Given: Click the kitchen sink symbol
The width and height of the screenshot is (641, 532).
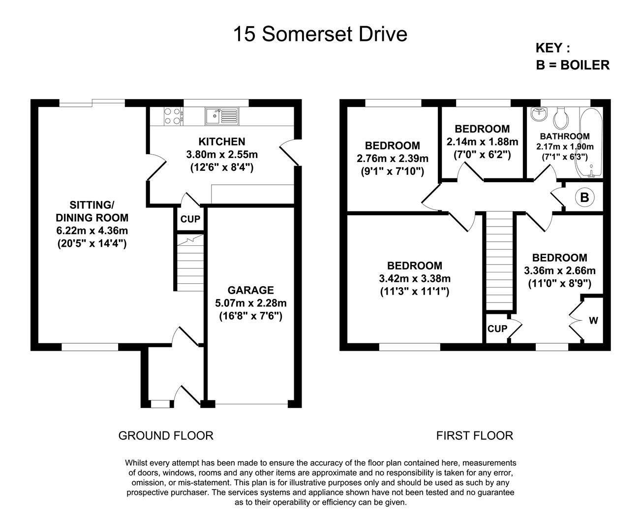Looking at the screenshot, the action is coord(222,116).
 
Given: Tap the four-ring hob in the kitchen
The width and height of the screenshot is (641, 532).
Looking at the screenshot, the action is coord(173,116).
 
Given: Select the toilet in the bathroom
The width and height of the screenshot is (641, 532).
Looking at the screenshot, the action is coord(561,118).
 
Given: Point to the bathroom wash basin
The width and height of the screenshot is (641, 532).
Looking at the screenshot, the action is coord(539,114).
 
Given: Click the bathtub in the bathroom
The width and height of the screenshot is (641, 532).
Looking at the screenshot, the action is coord(591,142).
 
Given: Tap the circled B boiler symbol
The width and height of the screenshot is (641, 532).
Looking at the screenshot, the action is coord(584,198).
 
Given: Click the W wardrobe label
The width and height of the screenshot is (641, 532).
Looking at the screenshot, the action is coord(593,321).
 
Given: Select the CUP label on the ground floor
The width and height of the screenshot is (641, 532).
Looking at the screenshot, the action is coord(190,219).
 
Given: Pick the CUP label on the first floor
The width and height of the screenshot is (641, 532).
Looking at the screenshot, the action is coord(497,329).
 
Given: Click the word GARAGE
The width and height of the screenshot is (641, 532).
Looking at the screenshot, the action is coord(250,290).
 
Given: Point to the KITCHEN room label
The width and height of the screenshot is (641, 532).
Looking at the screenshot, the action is coord(222,142).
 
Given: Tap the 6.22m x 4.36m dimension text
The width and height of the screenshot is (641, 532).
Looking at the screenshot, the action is coord(92,231).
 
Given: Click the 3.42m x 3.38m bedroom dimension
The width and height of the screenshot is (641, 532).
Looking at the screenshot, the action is coord(415,278).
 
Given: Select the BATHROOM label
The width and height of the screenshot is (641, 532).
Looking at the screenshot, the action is coord(565,136).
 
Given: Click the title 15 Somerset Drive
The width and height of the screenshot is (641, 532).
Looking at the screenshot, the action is coord(320,34).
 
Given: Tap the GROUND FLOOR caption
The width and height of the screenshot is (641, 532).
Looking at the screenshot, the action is coord(166,435).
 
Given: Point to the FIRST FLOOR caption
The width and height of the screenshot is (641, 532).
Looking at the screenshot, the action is coord(475,435).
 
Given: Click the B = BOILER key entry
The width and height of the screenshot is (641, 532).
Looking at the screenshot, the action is coord(573,65).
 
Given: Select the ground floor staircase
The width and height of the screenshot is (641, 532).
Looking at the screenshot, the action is coord(190,263).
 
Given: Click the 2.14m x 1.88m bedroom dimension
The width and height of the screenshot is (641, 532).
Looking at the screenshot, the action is coord(482,142).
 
